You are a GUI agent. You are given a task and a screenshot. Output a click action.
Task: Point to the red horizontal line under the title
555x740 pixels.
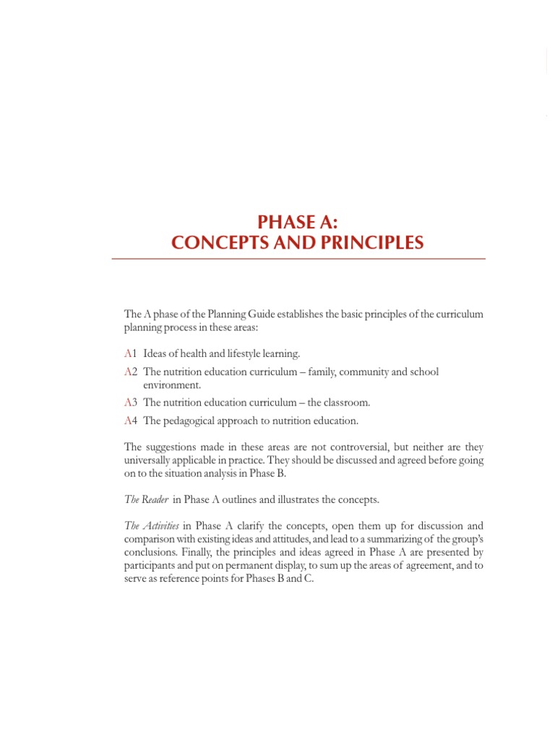pos(298,259)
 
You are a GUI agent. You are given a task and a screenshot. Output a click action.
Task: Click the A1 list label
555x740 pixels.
pos(131,354)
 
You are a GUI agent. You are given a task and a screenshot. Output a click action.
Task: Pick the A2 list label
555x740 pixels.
pos(131,372)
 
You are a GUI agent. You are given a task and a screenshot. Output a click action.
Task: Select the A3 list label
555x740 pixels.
pos(131,403)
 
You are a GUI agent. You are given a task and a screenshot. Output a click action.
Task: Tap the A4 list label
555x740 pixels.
pos(131,421)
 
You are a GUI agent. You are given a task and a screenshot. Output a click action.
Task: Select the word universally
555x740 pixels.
pos(150,460)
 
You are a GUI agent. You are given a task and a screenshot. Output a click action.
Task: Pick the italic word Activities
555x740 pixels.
pos(161,526)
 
